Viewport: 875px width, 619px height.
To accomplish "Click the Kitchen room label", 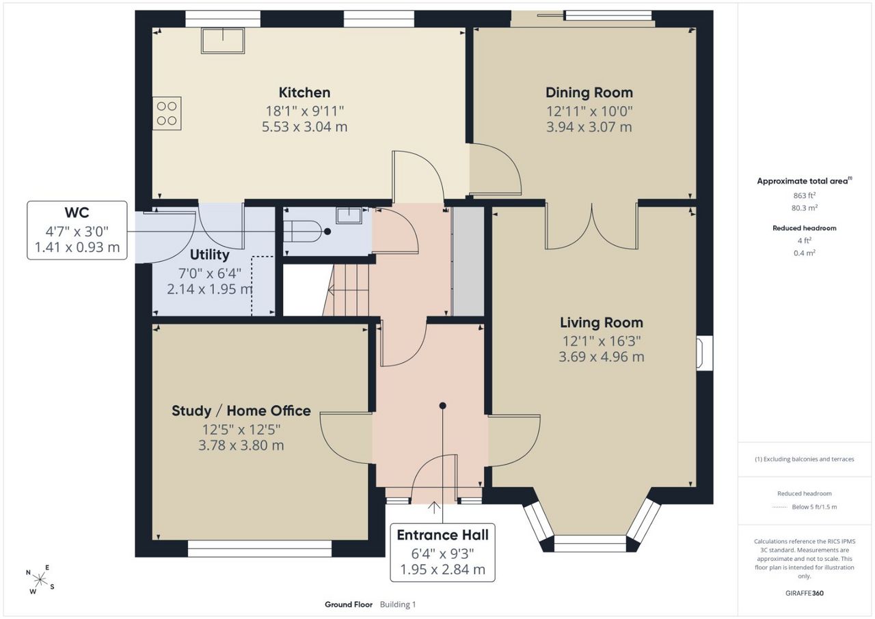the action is tap(304, 92).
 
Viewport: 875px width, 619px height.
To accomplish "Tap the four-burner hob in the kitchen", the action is tap(167, 113).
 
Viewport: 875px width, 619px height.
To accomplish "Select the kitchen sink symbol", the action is tap(223, 40).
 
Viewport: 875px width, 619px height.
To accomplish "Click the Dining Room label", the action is tap(589, 92).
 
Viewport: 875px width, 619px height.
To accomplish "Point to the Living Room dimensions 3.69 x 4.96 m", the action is tap(601, 357).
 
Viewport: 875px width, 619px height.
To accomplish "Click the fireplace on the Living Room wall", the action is tap(704, 353).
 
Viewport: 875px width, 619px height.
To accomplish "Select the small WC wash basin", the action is tap(349, 215).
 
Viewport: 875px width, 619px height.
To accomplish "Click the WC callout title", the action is tap(77, 212).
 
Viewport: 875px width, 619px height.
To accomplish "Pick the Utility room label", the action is tap(209, 255).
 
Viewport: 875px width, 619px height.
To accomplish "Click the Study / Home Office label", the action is tap(241, 411).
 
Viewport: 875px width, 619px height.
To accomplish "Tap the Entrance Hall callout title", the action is tap(442, 535).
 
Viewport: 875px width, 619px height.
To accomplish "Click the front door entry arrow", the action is tap(434, 508).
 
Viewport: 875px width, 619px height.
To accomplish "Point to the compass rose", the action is tap(40, 580).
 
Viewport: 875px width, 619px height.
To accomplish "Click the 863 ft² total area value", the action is tap(805, 195).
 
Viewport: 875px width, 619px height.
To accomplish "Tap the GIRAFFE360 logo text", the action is tap(805, 593).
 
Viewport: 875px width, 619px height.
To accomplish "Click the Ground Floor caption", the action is tap(349, 605).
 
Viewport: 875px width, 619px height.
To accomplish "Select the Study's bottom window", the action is tap(260, 549).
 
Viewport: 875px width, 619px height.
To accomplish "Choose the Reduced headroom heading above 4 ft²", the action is tap(805, 228).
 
